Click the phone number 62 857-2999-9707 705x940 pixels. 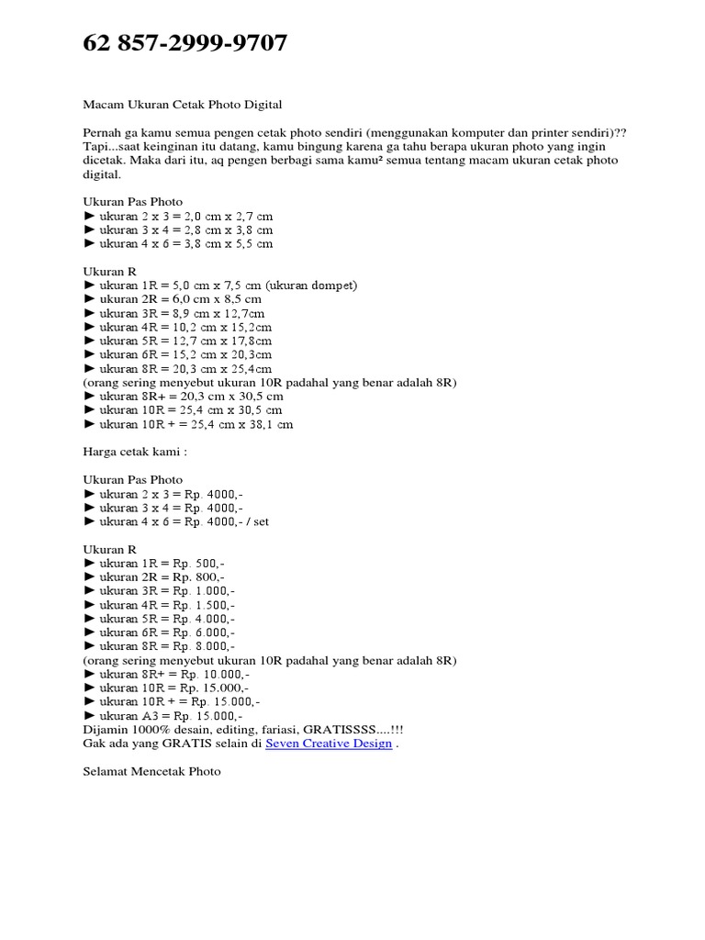pos(185,43)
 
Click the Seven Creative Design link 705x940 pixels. pos(328,744)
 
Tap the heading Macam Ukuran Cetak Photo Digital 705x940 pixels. pos(189,106)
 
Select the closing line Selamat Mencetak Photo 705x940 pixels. pos(151,772)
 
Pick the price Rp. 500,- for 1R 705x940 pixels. pos(205,563)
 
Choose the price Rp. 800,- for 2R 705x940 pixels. pos(205,577)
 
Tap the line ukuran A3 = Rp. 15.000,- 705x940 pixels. pos(163,716)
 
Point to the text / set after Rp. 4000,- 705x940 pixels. pos(256,521)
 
